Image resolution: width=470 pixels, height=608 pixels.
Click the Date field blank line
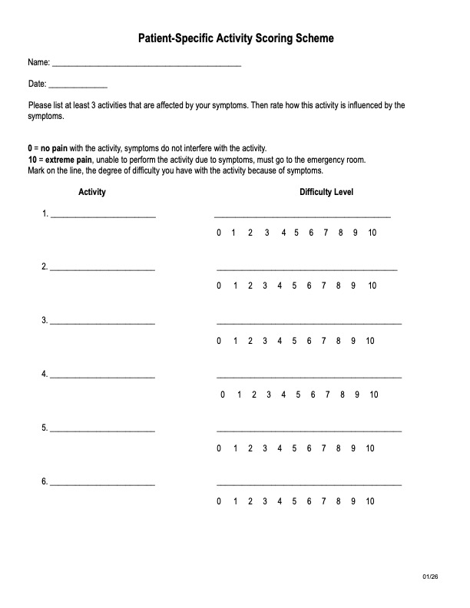(x=78, y=87)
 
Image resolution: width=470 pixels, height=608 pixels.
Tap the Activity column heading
(x=92, y=192)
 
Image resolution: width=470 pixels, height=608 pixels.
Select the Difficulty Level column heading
(x=326, y=192)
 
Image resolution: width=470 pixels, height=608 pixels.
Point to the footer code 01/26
(x=429, y=577)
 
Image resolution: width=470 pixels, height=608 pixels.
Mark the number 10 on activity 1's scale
(x=372, y=233)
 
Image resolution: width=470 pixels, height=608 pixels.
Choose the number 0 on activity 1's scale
(x=219, y=233)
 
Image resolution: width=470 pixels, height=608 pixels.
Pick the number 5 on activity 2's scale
(x=295, y=286)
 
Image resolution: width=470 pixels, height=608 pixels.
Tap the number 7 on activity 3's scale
(x=325, y=340)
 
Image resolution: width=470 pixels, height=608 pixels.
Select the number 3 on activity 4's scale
(x=268, y=395)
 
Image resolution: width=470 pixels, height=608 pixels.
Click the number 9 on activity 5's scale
(x=355, y=448)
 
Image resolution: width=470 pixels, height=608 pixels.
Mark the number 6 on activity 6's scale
(x=309, y=501)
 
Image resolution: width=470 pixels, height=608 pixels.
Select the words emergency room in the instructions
(x=337, y=160)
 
